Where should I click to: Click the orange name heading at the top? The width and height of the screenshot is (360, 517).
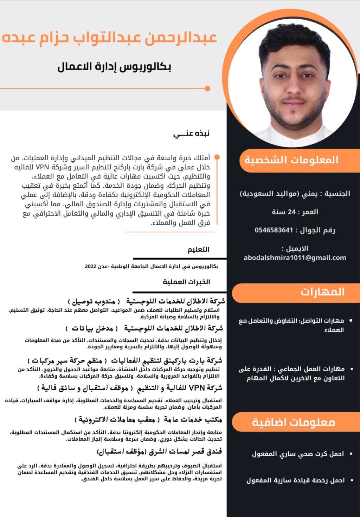tap(109, 38)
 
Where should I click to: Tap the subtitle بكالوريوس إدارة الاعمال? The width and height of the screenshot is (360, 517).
tap(114, 66)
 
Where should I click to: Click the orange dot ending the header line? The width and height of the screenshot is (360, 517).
tap(207, 89)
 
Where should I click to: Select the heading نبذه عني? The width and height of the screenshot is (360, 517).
tap(191, 134)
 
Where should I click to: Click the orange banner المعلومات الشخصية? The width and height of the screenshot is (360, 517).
tap(292, 160)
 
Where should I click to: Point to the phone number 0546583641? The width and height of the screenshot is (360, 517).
tap(274, 230)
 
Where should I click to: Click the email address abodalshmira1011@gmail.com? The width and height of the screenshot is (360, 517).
tap(295, 258)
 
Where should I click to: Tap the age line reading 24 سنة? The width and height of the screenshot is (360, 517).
tap(295, 212)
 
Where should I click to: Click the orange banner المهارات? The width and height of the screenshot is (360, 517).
tap(322, 292)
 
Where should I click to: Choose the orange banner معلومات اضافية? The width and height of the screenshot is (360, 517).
tap(294, 422)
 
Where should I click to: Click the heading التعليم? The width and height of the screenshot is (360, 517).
tap(198, 250)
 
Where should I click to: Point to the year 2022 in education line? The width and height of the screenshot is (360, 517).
tap(90, 267)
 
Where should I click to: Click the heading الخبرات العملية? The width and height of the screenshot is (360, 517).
tap(186, 282)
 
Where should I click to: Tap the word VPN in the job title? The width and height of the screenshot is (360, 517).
tap(197, 388)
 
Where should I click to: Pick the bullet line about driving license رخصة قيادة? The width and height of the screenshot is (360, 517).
tap(295, 480)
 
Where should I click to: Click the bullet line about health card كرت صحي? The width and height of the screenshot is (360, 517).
tap(298, 454)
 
